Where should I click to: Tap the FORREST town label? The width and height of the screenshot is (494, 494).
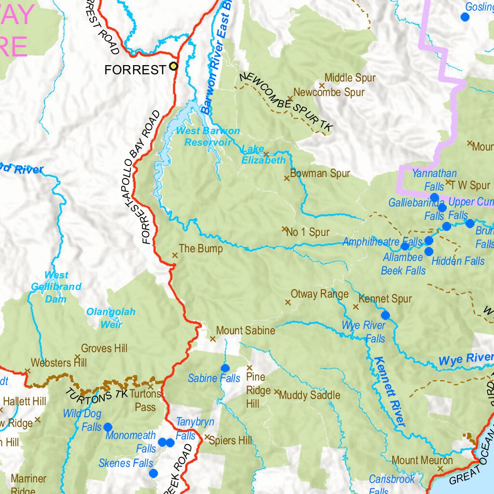[135, 70]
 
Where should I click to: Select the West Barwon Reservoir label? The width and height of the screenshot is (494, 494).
[207, 137]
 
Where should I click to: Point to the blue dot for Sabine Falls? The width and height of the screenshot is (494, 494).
[225, 368]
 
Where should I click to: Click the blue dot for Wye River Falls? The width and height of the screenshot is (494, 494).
[385, 316]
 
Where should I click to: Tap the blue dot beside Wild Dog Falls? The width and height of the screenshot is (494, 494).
[108, 427]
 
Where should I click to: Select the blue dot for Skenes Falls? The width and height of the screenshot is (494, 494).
[153, 473]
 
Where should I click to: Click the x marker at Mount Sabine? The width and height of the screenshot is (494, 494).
[212, 339]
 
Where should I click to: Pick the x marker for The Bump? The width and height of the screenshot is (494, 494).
[175, 255]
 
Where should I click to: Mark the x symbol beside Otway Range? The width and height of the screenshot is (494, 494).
[288, 302]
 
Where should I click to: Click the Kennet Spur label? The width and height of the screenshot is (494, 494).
[385, 299]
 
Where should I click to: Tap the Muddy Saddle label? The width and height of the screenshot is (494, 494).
[310, 395]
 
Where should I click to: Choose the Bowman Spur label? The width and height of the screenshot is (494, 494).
[320, 173]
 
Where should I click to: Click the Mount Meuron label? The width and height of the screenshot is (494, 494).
[422, 460]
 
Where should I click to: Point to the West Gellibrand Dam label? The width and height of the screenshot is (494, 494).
[56, 287]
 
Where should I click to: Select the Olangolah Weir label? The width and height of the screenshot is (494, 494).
[111, 318]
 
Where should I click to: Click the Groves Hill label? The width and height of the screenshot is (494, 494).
[104, 348]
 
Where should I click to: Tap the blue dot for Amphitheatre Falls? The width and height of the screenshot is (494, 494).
[405, 247]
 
